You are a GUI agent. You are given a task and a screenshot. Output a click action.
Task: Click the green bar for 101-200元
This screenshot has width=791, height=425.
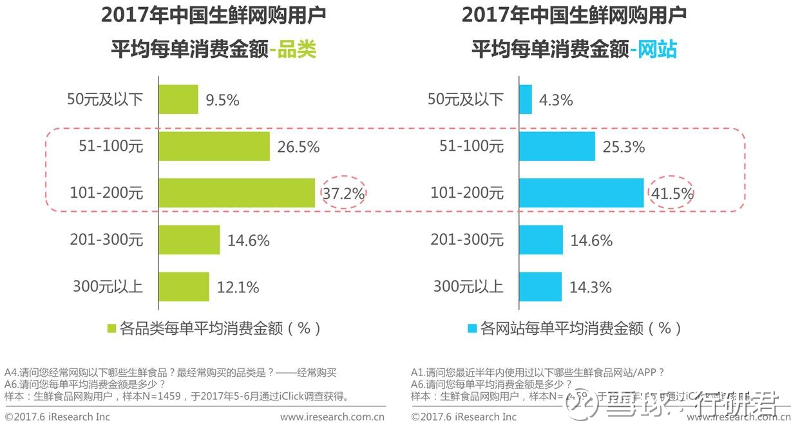[x=237, y=193]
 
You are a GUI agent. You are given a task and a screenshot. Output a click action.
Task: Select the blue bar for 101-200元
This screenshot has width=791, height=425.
[x=581, y=193]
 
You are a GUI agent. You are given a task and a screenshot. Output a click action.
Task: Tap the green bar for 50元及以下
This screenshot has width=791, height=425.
[x=178, y=100]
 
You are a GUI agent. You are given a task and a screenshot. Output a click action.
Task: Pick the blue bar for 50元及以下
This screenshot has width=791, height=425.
[x=526, y=100]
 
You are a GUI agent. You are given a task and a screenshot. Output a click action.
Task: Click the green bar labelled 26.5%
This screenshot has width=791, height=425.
[x=214, y=147]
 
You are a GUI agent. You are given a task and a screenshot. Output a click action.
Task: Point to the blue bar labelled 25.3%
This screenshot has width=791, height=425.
[x=557, y=147]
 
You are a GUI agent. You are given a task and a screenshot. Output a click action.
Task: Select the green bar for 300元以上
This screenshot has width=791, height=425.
[x=184, y=287]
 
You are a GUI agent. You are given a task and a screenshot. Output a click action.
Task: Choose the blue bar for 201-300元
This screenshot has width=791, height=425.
[x=541, y=240]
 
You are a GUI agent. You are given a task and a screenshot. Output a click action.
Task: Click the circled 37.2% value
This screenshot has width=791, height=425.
[x=343, y=193]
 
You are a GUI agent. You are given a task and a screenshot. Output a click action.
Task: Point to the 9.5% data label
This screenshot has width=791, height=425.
[x=222, y=100]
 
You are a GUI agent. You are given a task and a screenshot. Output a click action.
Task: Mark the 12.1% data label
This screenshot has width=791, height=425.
[x=238, y=287]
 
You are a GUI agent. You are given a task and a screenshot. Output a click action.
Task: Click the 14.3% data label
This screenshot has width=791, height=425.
[x=590, y=287]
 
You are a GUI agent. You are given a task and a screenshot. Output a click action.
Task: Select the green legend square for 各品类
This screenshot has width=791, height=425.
[x=111, y=329]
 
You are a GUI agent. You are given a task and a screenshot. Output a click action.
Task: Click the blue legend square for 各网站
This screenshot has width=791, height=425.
[x=472, y=329]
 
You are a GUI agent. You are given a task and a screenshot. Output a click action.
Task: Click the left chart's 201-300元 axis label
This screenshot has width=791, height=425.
[x=106, y=240]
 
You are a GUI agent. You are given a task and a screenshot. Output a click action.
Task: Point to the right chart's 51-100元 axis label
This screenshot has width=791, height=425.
[x=472, y=147]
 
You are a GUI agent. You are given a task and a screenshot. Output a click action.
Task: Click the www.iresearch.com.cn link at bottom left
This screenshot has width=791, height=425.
[x=332, y=417]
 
